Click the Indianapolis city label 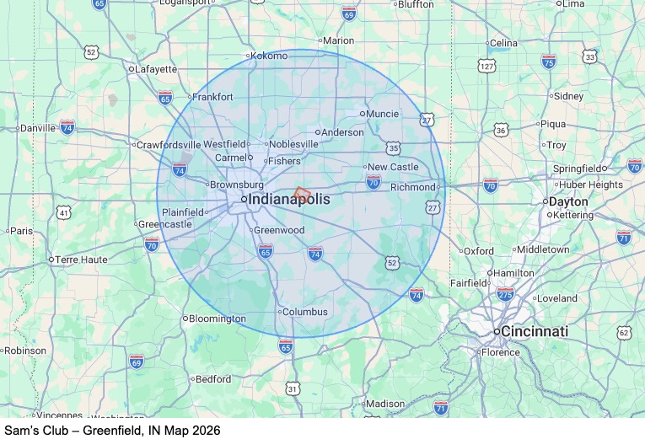coord(289,199)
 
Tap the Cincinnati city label coord(534,332)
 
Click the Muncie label coord(382,113)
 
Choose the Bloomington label coord(217,319)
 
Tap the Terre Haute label coord(82,260)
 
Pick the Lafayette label coord(156,69)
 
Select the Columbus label coord(304,312)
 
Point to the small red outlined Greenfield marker coord(302,192)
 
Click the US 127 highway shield coord(487,66)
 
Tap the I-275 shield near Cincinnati coord(506,293)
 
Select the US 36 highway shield coord(502,130)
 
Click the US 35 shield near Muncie coord(395,148)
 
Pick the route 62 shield coord(624,333)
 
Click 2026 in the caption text coord(206,430)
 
